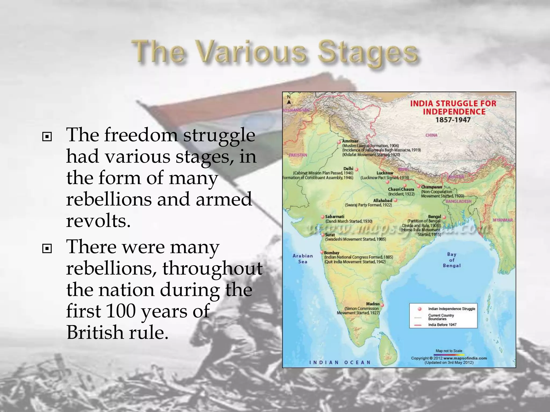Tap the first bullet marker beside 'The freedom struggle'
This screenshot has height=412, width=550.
[47, 137]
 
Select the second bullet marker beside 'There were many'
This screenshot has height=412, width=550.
[47, 249]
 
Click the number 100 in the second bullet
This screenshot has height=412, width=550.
[121, 311]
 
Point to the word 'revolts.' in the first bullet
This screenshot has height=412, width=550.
[98, 221]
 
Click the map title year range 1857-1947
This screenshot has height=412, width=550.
[453, 120]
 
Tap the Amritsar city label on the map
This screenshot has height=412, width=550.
[350, 141]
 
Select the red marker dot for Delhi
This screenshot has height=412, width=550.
[357, 170]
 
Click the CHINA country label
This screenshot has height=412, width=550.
[431, 135]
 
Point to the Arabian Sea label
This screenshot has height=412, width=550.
[303, 259]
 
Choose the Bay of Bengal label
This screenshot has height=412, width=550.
[451, 260]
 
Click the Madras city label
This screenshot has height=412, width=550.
[372, 304]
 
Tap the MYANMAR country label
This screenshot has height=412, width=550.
[503, 220]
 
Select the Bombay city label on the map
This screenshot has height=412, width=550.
[331, 253]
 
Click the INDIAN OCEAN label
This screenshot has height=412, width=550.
[340, 362]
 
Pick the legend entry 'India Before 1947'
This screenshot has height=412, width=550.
[442, 325]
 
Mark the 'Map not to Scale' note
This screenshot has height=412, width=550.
[449, 351]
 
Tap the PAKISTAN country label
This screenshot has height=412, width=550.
[298, 155]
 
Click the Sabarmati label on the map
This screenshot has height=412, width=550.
[334, 216]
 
